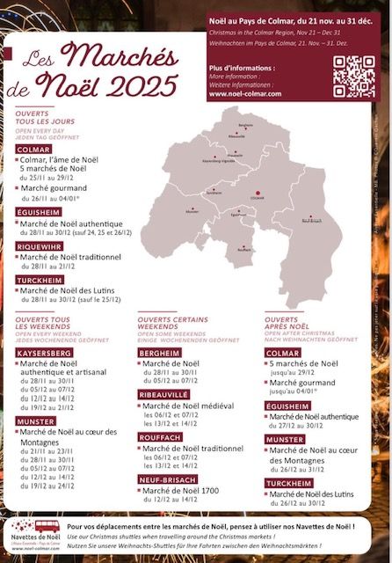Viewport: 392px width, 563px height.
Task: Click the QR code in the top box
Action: pos(354,75)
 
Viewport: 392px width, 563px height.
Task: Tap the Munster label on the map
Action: pos(192,211)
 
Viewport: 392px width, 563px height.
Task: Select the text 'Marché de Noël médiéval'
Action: pos(188,406)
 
